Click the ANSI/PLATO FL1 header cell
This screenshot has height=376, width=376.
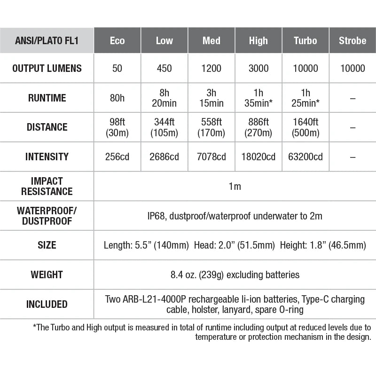47,40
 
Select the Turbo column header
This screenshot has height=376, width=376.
305,40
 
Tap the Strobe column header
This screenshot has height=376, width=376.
352,40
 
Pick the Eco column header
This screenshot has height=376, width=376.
117,40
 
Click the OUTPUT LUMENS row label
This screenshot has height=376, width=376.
47,68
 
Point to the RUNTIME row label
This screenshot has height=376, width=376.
47,98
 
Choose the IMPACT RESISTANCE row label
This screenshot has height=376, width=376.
47,186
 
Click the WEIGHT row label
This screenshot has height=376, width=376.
47,274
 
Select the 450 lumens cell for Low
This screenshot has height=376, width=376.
164,68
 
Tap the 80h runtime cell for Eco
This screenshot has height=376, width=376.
117,98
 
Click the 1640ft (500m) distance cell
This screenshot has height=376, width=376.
305,127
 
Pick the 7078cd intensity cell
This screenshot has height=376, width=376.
211,157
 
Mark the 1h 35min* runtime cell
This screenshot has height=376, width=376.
258,98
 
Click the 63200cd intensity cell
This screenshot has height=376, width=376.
305,157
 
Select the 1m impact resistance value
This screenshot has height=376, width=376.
235,186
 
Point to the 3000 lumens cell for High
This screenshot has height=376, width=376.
258,68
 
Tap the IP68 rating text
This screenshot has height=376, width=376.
157,216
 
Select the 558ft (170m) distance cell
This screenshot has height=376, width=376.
211,127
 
